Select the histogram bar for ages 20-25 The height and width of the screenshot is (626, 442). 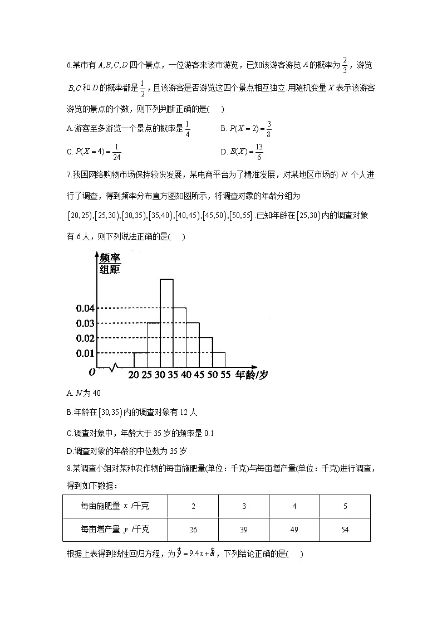(x=140, y=360)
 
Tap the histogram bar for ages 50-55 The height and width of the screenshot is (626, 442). (x=218, y=360)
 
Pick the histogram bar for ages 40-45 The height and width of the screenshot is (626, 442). (x=193, y=345)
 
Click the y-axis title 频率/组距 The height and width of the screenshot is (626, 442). (x=110, y=264)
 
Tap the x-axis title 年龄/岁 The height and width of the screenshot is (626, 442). (x=251, y=375)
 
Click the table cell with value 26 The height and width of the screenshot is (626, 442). (x=193, y=530)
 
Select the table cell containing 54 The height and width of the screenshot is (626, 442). (x=345, y=530)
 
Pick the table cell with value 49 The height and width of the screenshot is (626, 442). (x=294, y=530)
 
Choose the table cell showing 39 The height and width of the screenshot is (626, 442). (x=243, y=530)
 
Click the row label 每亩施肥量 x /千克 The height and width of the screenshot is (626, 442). (x=115, y=506)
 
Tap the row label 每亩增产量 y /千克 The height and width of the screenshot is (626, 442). (x=115, y=530)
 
